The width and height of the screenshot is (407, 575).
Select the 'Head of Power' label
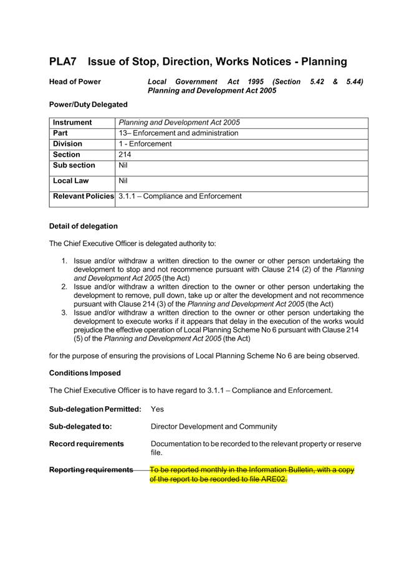point(75,82)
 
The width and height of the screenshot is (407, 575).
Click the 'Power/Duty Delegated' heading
point(88,104)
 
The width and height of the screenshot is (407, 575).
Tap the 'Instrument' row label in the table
point(72,123)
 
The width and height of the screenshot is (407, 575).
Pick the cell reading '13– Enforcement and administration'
point(178,133)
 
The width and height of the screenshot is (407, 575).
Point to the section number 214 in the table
point(125,154)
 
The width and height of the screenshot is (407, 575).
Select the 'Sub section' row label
point(74,165)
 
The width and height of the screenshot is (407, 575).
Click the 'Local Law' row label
point(71,181)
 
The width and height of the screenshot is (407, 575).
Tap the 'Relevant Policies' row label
point(83,196)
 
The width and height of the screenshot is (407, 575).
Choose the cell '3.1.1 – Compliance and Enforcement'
point(180,196)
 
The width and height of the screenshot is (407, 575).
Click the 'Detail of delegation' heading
point(83,226)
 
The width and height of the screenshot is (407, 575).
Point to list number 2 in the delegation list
point(64,287)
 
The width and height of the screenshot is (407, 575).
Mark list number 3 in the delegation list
point(64,313)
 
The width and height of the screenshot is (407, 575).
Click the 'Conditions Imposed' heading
point(85,373)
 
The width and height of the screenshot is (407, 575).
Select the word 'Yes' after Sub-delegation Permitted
point(158,409)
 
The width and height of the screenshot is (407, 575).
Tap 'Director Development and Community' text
point(214,427)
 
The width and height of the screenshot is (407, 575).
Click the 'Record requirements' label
point(86,444)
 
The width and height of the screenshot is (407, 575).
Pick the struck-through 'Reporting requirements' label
point(91,470)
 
